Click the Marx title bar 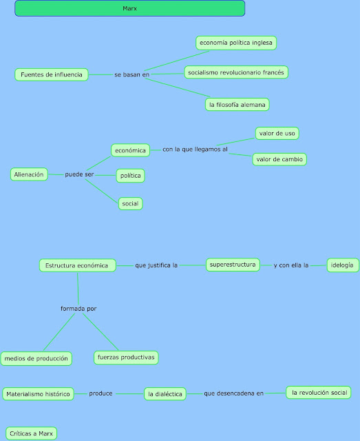click(129, 8)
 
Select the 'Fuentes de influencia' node click(51, 74)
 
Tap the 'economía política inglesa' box click(236, 43)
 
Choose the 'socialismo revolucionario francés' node click(235, 72)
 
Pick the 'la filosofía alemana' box click(237, 105)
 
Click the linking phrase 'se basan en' click(131, 74)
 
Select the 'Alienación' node click(29, 174)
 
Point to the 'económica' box click(130, 150)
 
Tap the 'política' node click(130, 176)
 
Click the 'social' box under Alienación click(130, 203)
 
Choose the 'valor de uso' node click(277, 132)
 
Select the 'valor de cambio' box click(279, 159)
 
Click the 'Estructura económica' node click(77, 265)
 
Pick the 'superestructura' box click(233, 264)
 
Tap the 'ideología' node click(342, 265)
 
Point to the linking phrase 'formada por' click(78, 308)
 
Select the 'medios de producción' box click(36, 358)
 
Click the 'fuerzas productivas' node click(126, 357)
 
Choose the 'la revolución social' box click(319, 393)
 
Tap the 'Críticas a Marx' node click(30, 433)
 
